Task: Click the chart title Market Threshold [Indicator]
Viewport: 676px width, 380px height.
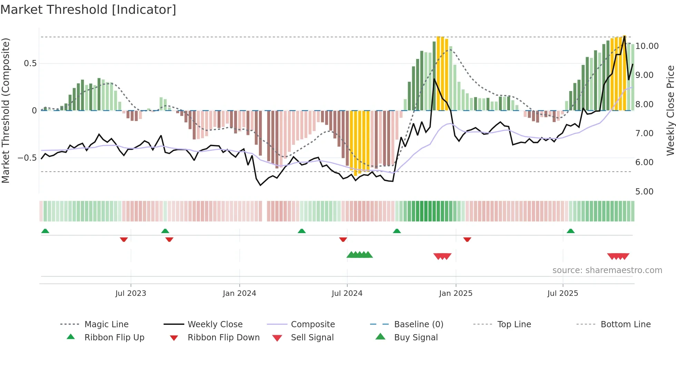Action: point(88,10)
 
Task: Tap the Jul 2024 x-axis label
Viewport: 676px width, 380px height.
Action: point(347,293)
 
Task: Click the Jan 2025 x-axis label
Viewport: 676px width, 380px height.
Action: point(456,293)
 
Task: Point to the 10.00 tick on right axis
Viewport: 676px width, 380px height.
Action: point(647,46)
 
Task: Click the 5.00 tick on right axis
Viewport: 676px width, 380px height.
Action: point(644,192)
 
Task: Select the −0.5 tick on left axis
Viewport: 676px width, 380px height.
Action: point(27,158)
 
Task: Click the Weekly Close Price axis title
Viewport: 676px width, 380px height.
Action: point(670,110)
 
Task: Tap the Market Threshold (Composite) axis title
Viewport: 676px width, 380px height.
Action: point(6,110)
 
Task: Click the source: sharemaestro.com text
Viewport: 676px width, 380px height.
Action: point(607,270)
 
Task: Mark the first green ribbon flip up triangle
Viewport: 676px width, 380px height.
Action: point(45,231)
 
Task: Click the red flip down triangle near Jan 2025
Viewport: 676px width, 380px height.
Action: point(467,239)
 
